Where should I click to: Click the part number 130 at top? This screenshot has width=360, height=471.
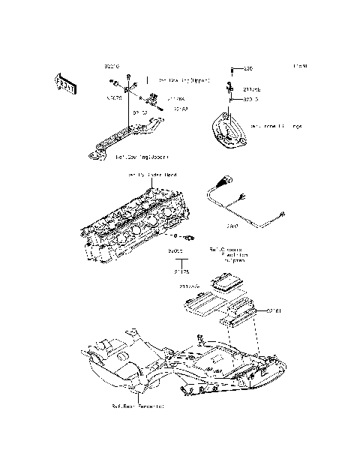tap(248, 68)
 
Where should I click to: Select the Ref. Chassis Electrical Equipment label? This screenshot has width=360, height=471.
tap(227, 255)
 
